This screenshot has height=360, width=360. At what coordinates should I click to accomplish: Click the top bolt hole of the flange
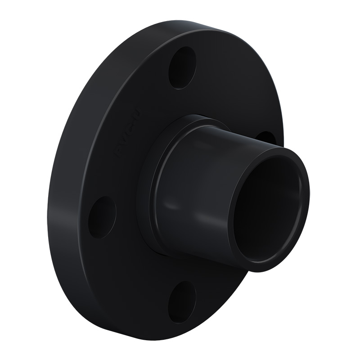[x=182, y=67]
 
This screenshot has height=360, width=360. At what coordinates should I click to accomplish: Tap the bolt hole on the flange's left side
[x=102, y=217]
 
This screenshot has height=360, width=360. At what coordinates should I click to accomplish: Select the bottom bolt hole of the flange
[x=182, y=302]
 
